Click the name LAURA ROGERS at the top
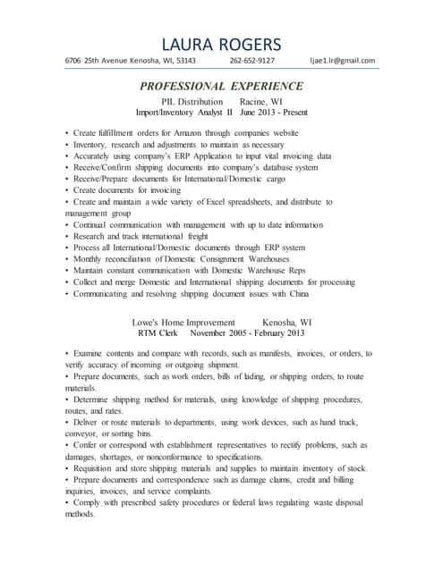click(221, 44)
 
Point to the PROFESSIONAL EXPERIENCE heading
click(221, 86)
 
